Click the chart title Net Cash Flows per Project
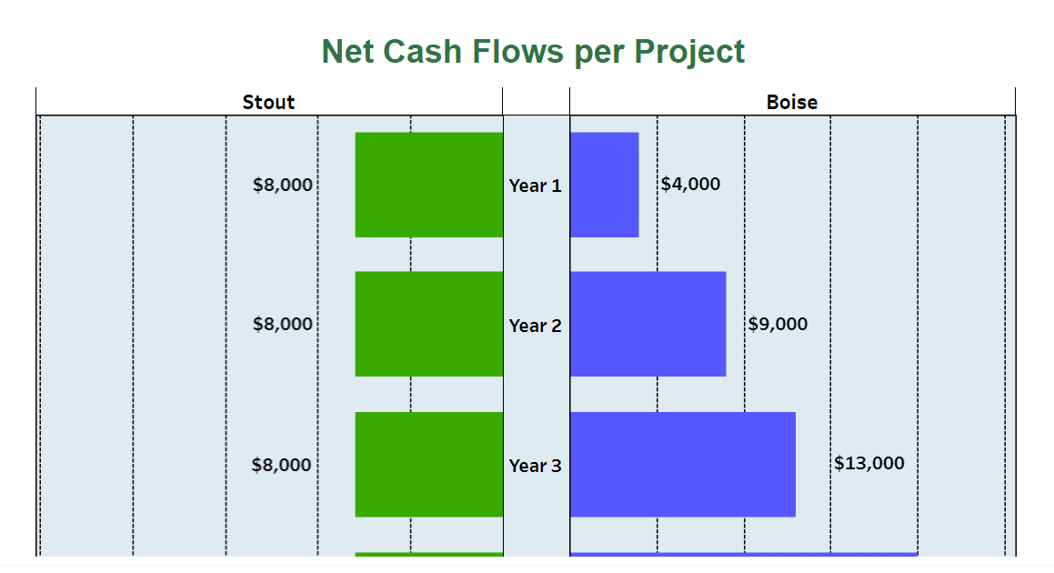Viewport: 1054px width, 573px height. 533,52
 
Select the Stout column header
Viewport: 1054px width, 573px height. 268,102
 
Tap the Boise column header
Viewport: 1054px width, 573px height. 791,102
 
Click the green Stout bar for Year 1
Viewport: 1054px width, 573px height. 428,185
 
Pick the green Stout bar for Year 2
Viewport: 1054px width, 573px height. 428,324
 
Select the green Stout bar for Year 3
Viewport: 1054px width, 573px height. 428,464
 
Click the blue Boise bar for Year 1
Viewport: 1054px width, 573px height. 604,185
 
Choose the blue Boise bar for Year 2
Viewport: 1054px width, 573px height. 647,324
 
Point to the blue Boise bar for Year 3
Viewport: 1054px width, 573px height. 682,464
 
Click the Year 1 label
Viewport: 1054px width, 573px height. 535,186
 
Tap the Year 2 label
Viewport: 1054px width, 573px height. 535,326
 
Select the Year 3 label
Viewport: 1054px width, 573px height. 535,466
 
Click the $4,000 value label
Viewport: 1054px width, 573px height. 690,184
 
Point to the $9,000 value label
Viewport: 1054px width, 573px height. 778,324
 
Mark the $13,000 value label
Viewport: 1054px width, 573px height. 868,463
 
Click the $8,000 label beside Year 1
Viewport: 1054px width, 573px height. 283,186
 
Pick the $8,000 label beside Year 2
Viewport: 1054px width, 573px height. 283,324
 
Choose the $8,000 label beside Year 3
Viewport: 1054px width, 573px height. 282,466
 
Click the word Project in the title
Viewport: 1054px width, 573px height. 689,52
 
